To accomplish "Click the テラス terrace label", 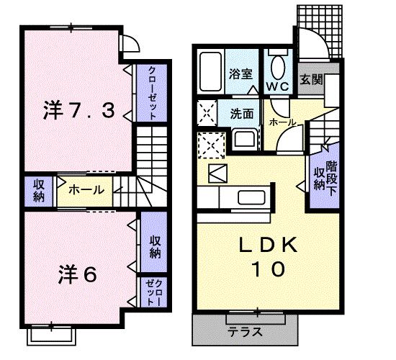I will click(x=245, y=333).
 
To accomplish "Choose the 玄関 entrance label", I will click(x=310, y=78).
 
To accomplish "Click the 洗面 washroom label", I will click(x=241, y=113).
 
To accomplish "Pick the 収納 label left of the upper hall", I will click(x=38, y=190).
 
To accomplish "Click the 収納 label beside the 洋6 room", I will click(x=155, y=246).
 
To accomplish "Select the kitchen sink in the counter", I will click(x=253, y=197).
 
